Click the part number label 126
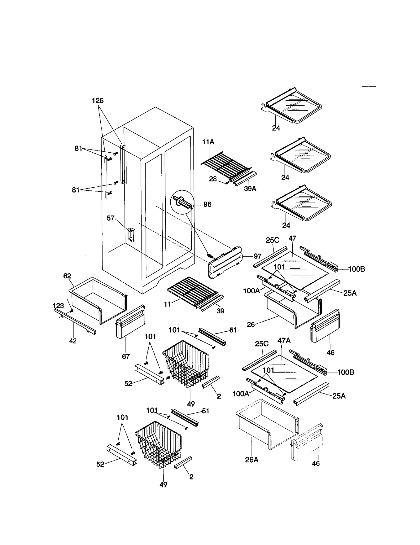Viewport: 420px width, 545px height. pos(98,101)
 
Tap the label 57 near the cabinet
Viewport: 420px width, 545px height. pos(111,218)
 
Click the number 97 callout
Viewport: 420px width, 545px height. pos(257,256)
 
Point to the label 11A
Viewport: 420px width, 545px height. pos(208,142)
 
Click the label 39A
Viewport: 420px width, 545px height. pos(250,189)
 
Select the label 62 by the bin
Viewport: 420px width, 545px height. pos(67,276)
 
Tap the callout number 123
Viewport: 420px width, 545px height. pos(58,305)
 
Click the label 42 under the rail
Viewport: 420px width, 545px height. pos(73,341)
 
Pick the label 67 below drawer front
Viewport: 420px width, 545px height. pos(126,356)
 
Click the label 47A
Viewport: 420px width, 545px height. pos(284,341)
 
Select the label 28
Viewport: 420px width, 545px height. pos(213,179)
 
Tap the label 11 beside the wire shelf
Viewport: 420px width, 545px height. pos(167,304)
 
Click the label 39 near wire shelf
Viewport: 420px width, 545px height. pos(220,311)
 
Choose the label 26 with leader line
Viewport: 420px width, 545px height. pos(251,324)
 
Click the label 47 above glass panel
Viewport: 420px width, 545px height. pos(292,238)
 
